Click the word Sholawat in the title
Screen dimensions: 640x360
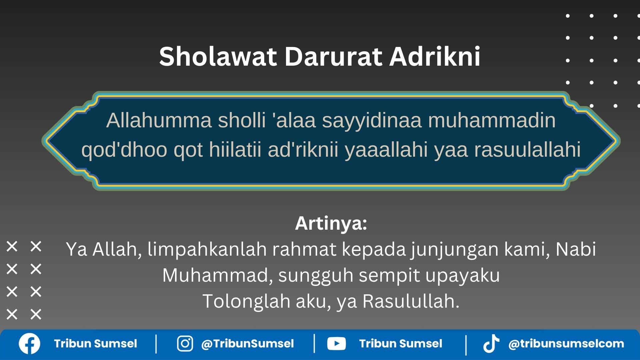click(x=218, y=56)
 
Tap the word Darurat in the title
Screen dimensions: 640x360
click(x=333, y=56)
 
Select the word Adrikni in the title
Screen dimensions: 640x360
click(x=435, y=56)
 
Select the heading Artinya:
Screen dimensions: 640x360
click(x=331, y=223)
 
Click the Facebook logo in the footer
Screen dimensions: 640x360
click(x=29, y=344)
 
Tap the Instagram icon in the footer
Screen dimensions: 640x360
click(x=185, y=344)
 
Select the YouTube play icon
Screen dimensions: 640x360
click(x=336, y=344)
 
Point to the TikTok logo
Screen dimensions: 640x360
click(x=491, y=344)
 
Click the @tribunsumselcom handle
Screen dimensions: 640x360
click(x=566, y=344)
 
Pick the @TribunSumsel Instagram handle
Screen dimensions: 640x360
click(x=247, y=344)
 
